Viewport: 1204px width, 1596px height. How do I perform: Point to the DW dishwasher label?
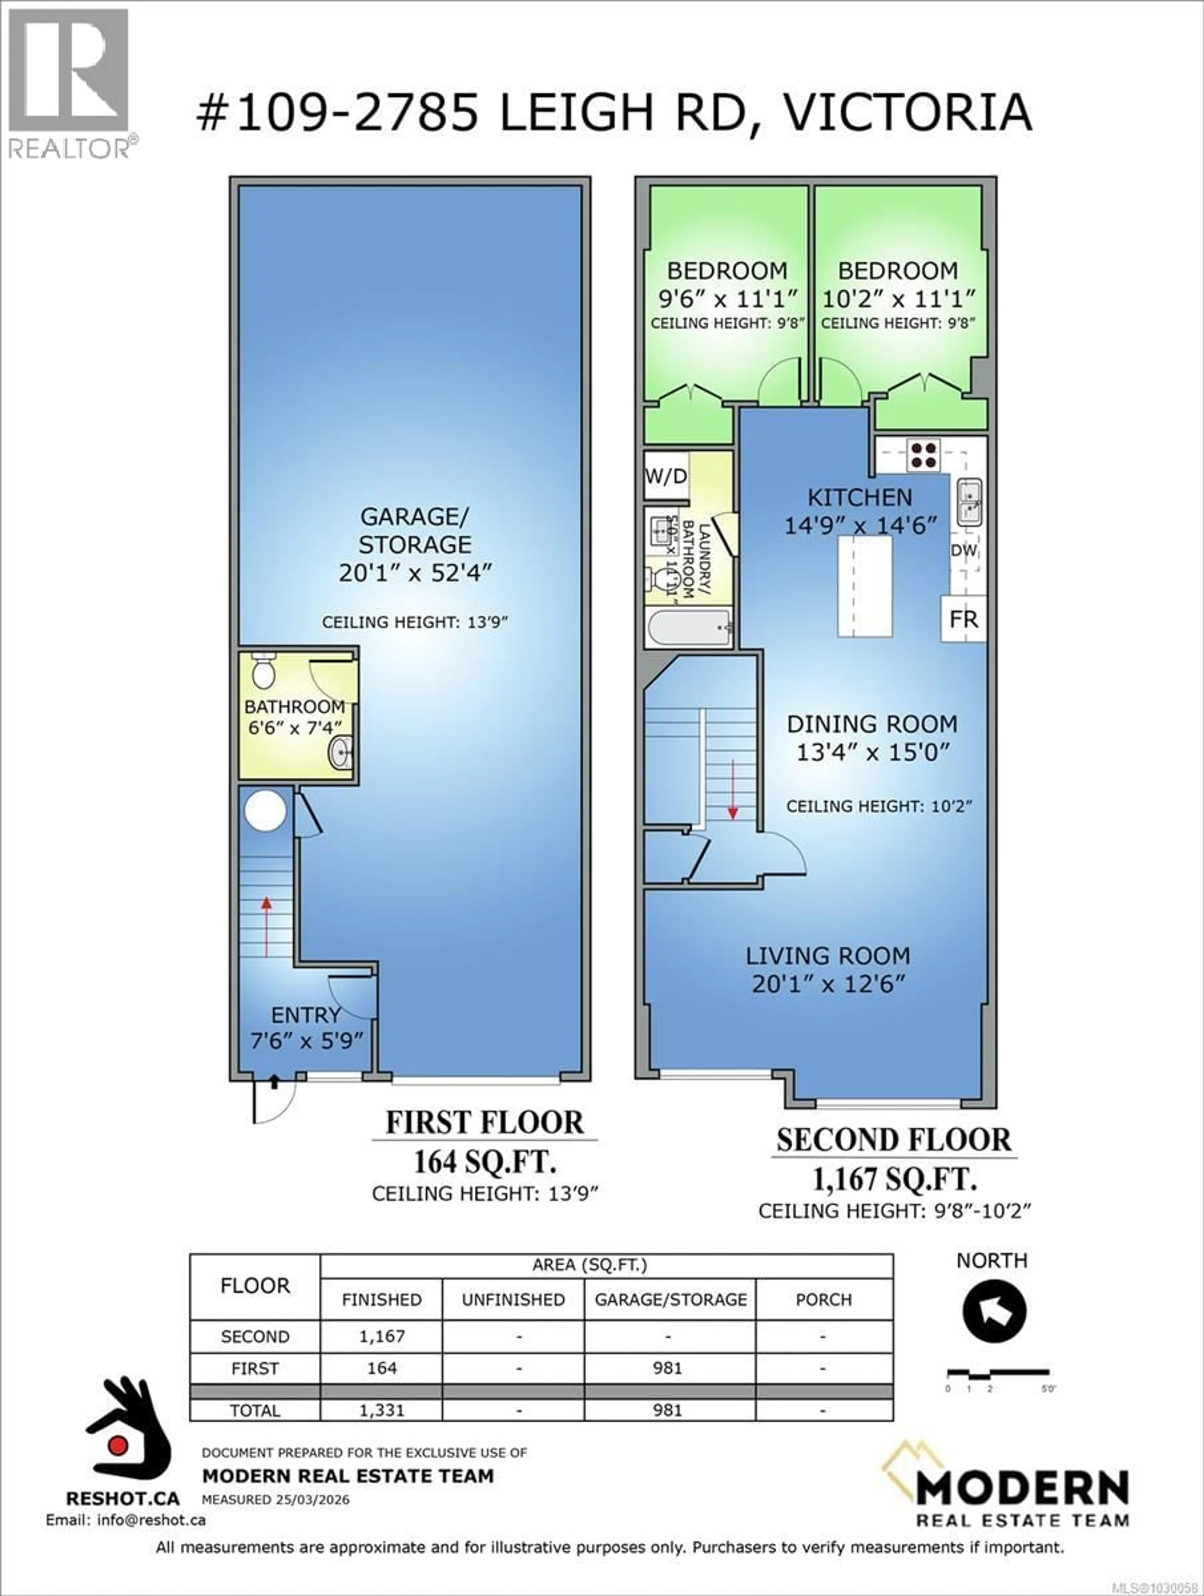point(964,550)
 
